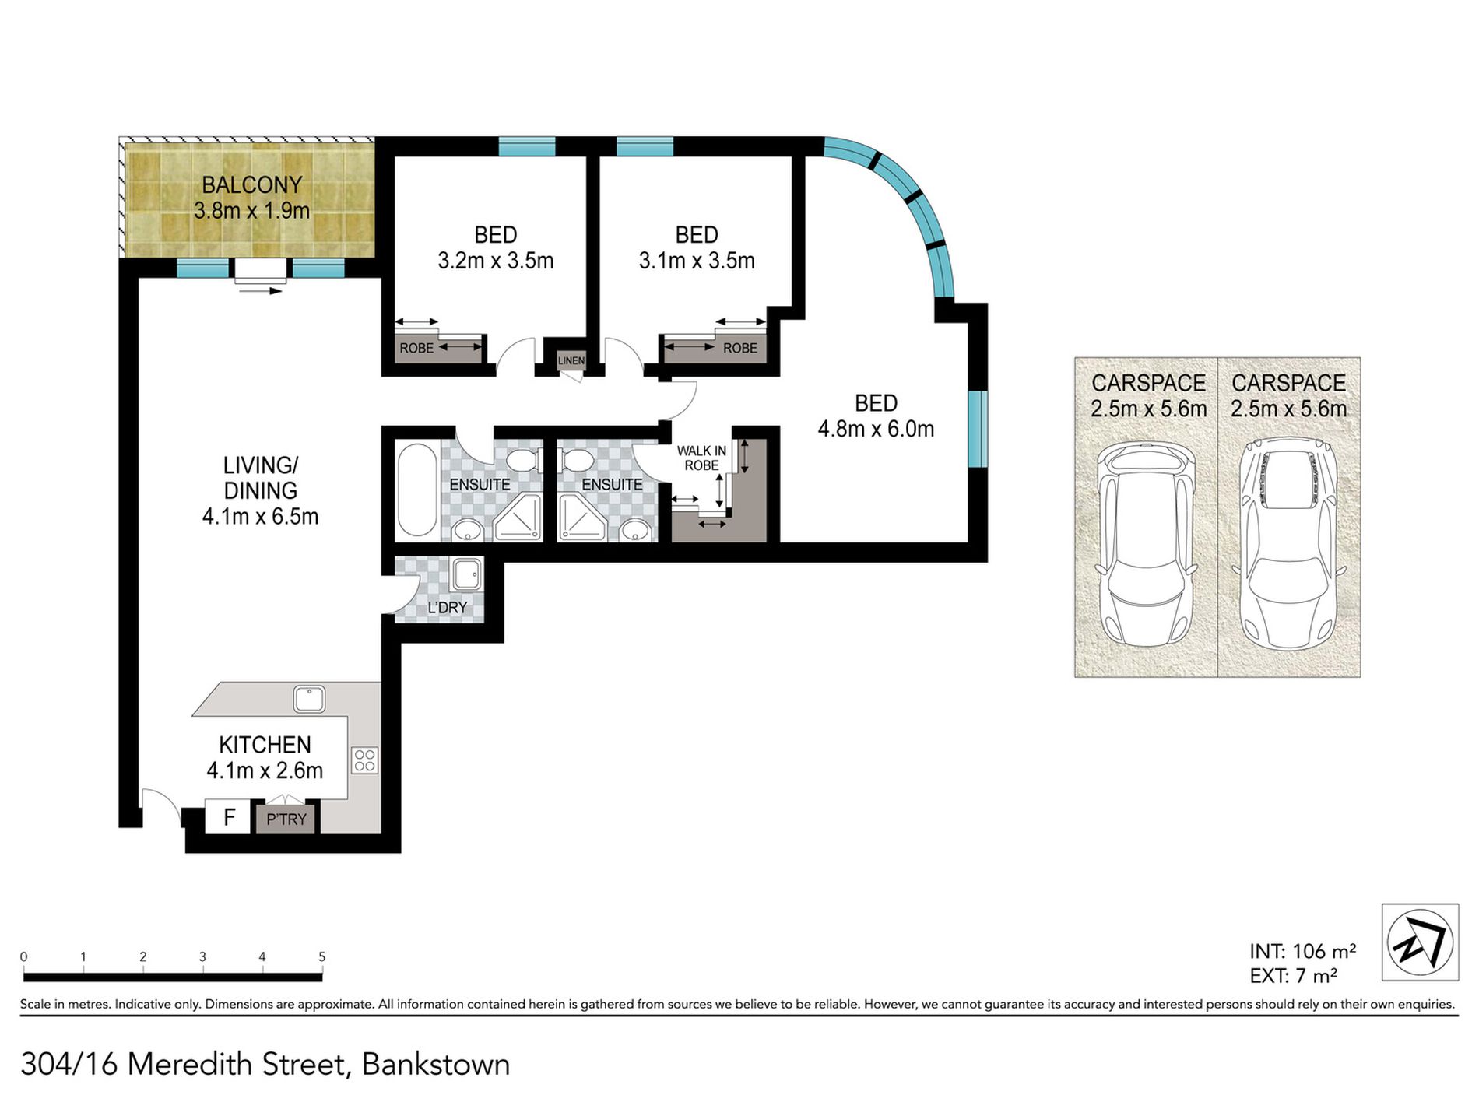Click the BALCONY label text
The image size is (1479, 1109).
click(x=251, y=185)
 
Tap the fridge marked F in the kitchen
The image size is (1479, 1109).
click(x=228, y=817)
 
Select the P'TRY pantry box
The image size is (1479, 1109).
click(x=286, y=819)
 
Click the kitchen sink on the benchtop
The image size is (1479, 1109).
click(x=309, y=699)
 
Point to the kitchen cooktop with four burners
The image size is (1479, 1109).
click(x=365, y=760)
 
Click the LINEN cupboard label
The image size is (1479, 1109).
click(x=571, y=360)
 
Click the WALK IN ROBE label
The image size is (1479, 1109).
click(x=701, y=458)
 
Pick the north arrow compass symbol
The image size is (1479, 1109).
click(x=1420, y=942)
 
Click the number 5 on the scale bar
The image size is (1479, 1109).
click(x=321, y=957)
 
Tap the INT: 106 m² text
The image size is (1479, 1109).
click(x=1303, y=951)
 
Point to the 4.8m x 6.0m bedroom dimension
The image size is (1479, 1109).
click(x=876, y=429)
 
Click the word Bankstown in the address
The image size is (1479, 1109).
click(x=436, y=1064)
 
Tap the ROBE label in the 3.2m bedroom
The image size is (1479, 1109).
click(x=416, y=349)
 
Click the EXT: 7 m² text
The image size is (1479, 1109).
click(x=1294, y=975)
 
